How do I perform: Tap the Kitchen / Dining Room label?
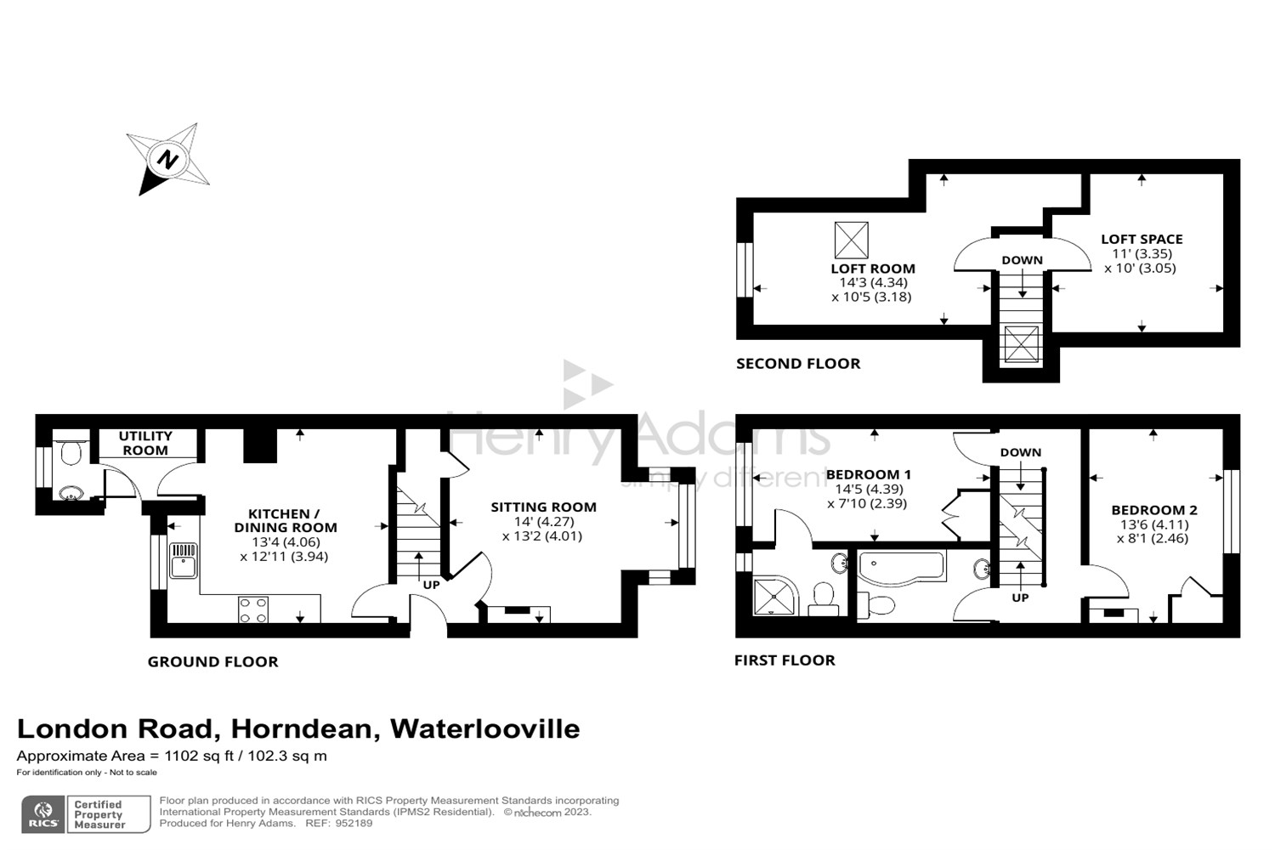285,520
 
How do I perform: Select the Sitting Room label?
543,507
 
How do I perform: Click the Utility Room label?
145,443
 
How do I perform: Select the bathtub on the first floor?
902,566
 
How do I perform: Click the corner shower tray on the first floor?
776,596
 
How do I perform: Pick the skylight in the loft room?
851,240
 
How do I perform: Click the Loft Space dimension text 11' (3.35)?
1142,253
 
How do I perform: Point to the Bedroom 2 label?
1154,510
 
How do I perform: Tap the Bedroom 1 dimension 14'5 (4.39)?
868,489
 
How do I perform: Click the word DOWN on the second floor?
1022,260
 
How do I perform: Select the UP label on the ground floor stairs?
431,585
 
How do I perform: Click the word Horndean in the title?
301,728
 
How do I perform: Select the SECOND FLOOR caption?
798,364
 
